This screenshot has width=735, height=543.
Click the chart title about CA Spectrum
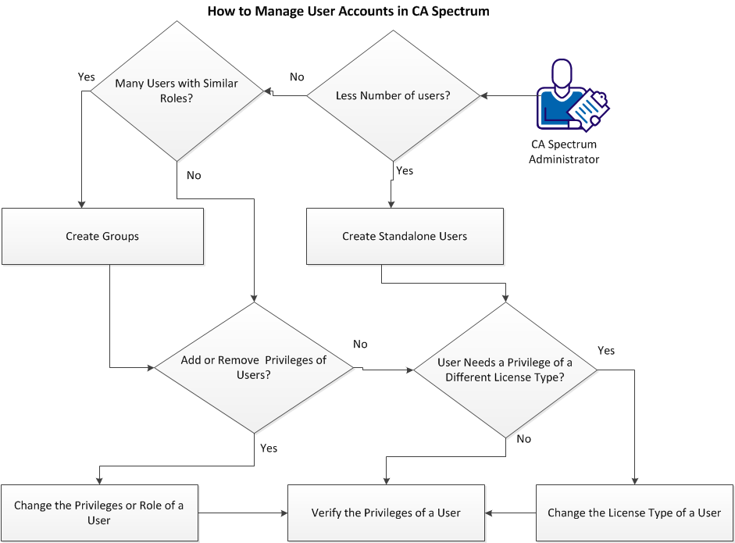coord(348,12)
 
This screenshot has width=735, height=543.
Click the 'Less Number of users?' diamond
coord(393,96)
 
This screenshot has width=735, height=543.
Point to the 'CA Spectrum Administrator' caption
coord(563,152)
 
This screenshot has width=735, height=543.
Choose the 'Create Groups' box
coord(102,236)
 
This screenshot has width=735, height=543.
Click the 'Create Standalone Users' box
coord(405,236)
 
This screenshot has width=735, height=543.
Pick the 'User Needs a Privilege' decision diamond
coord(505,370)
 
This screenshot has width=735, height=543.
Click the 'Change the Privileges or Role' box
coord(99,513)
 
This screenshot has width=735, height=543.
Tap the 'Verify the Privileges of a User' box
coord(386,513)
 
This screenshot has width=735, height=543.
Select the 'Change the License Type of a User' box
coord(633,513)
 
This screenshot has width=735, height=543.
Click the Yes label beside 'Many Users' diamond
coord(86,77)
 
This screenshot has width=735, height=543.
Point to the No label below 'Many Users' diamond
coord(194,175)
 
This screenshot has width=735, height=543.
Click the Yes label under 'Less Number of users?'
coord(405,170)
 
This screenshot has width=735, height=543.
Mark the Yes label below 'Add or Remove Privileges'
coord(268,448)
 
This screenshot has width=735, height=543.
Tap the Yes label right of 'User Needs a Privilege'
coord(606,350)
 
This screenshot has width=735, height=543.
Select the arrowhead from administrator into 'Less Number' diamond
coord(485,96)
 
